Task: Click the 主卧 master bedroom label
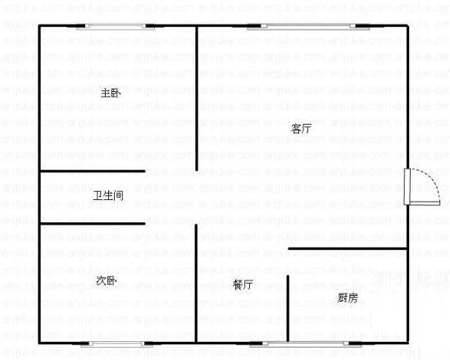tap(111, 93)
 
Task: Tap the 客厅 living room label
tap(301, 128)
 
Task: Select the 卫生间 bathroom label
tap(108, 196)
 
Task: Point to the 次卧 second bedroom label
tap(107, 280)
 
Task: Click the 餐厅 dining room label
tap(243, 285)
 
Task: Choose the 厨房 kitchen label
tap(348, 298)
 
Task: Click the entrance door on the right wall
tap(407, 187)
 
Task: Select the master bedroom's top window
tap(116, 26)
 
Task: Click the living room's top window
tap(308, 26)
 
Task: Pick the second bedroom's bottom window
tap(117, 344)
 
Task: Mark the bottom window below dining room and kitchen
tap(306, 344)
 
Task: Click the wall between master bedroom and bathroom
tap(93, 171)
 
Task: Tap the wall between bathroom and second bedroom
tap(93, 223)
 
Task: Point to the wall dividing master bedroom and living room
tap(197, 98)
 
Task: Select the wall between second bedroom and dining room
tap(196, 283)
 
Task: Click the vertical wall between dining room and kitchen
tap(288, 308)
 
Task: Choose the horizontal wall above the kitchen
tap(348, 248)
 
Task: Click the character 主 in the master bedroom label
tap(106, 93)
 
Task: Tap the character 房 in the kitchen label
tap(353, 298)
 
